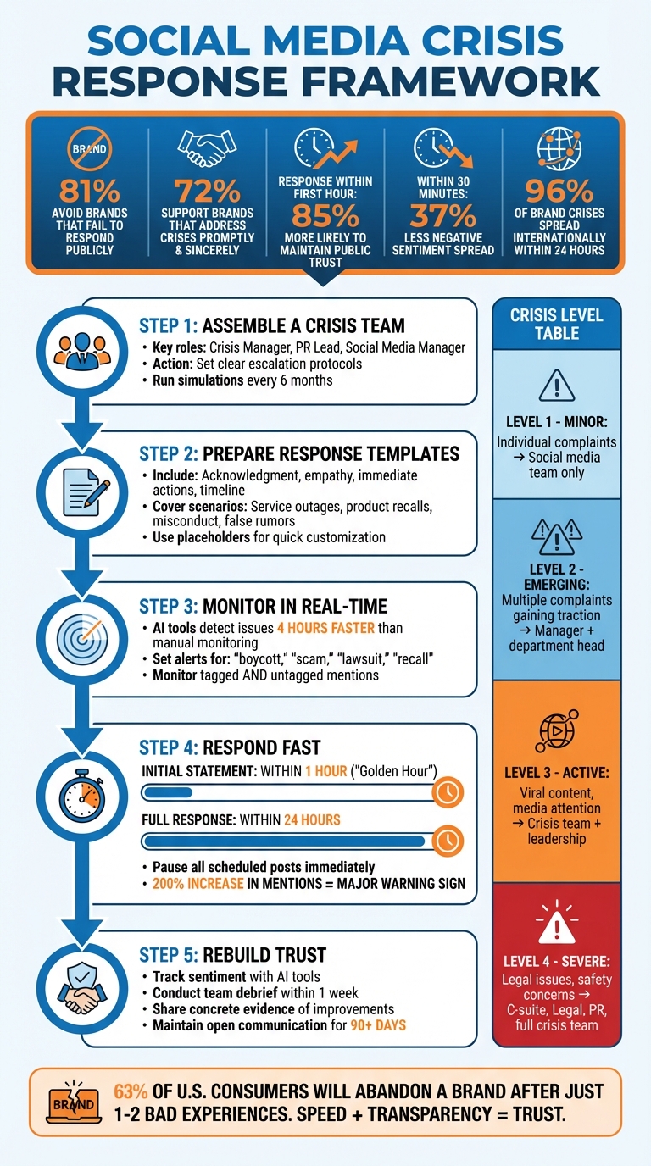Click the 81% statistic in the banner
tap(90, 191)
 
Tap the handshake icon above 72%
tap(207, 147)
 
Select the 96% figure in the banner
tap(559, 191)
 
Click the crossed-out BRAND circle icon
tap(90, 149)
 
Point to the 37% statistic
tap(442, 215)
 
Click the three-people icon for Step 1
tap(82, 352)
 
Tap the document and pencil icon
tap(86, 491)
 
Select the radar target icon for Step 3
tap(82, 639)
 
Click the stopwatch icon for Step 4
tap(81, 796)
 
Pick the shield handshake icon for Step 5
tap(81, 988)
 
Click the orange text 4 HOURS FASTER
tap(325, 628)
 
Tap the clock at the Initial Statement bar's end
tap(448, 792)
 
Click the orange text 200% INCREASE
tap(198, 883)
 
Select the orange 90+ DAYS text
tap(378, 1025)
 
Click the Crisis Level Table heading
tap(557, 324)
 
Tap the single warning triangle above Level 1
tap(557, 386)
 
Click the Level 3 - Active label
tap(557, 772)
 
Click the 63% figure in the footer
tap(131, 1091)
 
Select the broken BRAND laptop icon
tap(74, 1103)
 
